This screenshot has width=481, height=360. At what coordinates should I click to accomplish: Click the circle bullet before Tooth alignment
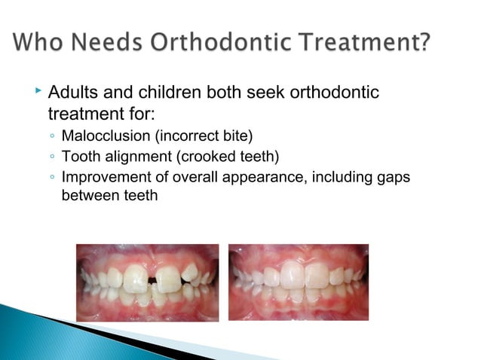pyautogui.click(x=50, y=157)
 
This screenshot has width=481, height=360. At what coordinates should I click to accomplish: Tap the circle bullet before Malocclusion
pyautogui.click(x=50, y=137)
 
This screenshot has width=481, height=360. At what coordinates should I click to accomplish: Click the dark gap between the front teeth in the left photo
pyautogui.click(x=153, y=281)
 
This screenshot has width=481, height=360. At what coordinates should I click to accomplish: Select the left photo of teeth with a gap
pyautogui.click(x=148, y=282)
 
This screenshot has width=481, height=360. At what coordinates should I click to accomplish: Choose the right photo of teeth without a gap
pyautogui.click(x=299, y=282)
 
